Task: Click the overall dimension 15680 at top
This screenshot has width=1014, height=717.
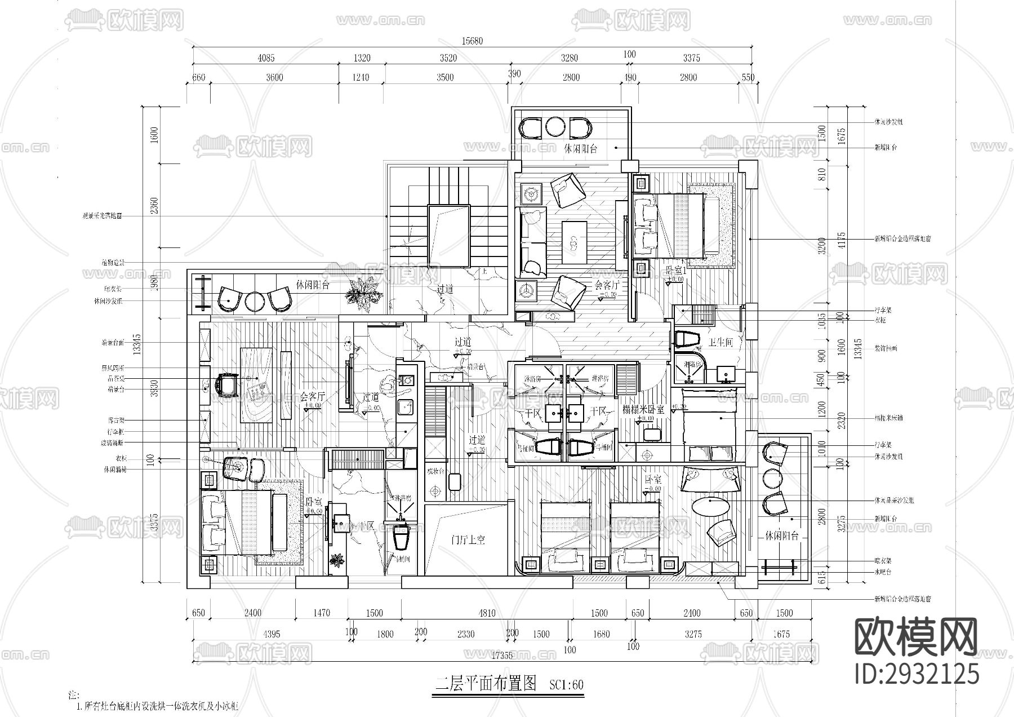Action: coord(472,41)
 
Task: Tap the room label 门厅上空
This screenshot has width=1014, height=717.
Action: coord(468,539)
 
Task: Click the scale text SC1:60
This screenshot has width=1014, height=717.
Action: coord(566,685)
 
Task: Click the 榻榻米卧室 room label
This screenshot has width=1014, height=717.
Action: coord(643,410)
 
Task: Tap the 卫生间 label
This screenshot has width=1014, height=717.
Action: coord(720,342)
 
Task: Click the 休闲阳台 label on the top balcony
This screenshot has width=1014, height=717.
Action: coord(580,148)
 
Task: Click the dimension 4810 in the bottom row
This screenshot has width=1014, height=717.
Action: coord(487,613)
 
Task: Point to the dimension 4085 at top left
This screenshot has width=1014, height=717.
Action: coord(265,57)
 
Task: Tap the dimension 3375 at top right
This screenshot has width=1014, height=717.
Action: coord(691,57)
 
